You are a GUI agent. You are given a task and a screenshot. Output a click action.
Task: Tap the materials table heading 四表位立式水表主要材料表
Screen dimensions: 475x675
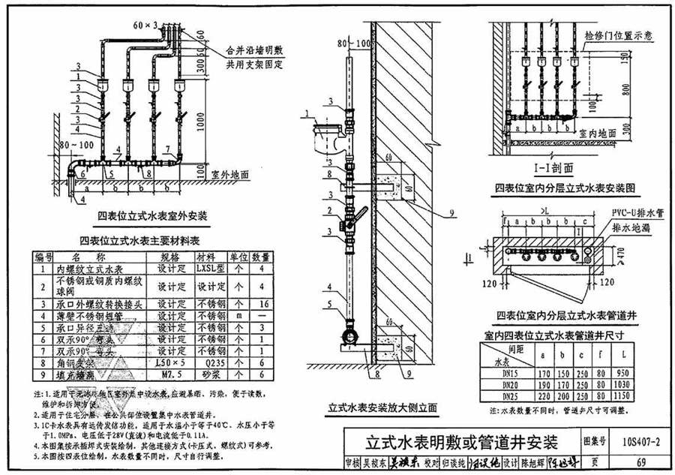click(139, 241)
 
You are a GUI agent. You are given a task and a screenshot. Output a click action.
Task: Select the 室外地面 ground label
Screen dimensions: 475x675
click(229, 174)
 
